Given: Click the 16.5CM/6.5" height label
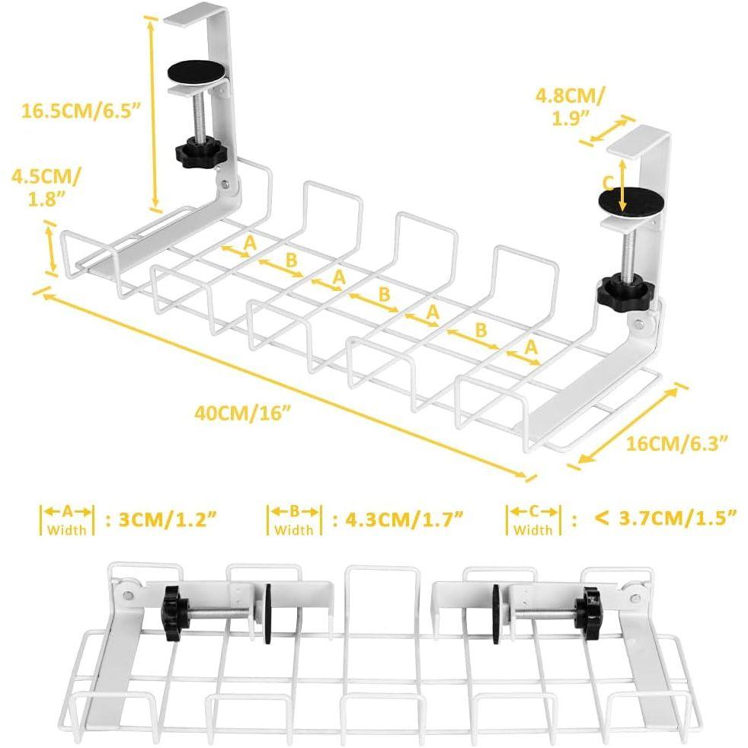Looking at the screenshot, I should click(x=82, y=110).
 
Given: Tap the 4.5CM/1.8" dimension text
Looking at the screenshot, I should click(x=45, y=187).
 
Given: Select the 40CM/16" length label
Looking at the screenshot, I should click(x=243, y=414).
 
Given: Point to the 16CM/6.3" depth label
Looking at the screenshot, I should click(x=676, y=442).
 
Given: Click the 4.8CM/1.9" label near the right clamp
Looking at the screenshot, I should click(x=571, y=106).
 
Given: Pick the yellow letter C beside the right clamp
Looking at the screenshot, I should click(x=607, y=183).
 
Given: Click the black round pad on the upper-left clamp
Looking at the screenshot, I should click(x=197, y=74).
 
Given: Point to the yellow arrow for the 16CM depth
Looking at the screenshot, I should click(x=628, y=424).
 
